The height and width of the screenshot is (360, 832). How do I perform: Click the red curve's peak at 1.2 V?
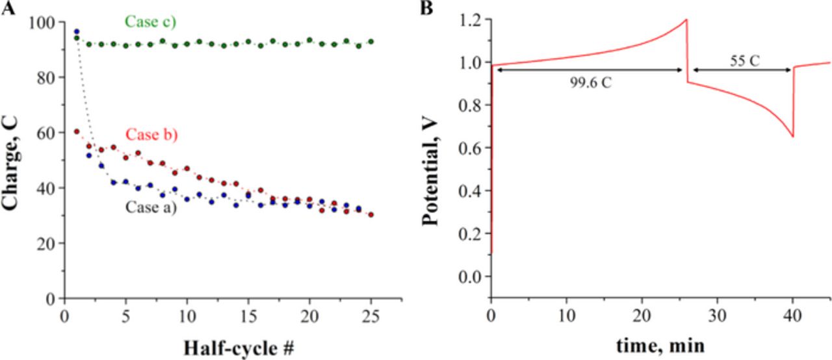click(x=686, y=19)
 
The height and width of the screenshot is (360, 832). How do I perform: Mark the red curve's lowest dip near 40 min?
click(x=793, y=136)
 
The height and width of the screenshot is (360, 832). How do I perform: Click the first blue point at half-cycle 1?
click(x=77, y=32)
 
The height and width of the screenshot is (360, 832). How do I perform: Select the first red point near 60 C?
click(x=77, y=131)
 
